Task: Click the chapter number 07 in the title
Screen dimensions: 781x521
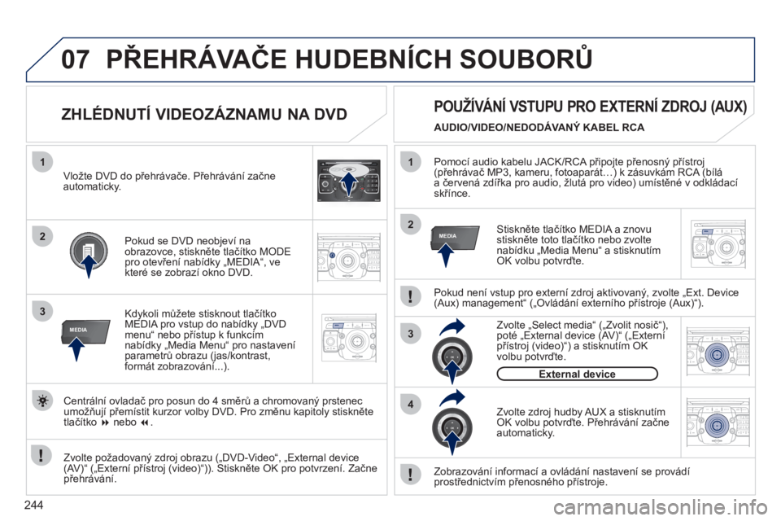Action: click(75, 59)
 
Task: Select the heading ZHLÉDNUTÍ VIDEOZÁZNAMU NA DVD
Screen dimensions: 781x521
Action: click(203, 114)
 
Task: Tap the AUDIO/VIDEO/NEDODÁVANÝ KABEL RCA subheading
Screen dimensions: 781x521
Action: click(539, 128)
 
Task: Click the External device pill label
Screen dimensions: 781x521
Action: click(578, 374)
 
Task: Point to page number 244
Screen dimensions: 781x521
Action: click(33, 505)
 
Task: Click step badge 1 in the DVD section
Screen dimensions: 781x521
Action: click(43, 162)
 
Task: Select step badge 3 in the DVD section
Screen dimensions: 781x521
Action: click(43, 312)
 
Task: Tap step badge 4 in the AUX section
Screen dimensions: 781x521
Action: click(411, 405)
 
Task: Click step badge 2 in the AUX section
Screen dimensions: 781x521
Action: click(411, 225)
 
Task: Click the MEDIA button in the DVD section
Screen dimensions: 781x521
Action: click(85, 331)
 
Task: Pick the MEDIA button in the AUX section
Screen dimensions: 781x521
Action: click(455, 238)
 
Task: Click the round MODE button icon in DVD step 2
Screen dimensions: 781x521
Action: click(89, 251)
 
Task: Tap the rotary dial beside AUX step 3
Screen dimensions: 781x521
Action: click(452, 357)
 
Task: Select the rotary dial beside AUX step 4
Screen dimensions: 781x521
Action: click(452, 427)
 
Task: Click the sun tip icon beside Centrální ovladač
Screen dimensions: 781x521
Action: click(43, 401)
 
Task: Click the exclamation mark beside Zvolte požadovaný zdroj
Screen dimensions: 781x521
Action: click(41, 455)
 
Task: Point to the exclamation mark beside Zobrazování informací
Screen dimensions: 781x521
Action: click(410, 474)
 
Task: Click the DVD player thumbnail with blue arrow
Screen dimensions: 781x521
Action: click(349, 180)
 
